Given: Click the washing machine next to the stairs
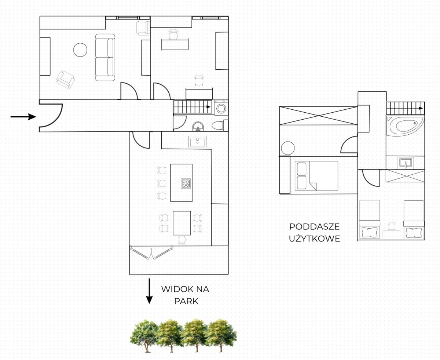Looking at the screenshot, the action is pos(221,108).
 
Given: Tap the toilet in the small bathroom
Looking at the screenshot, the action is pos(220,125).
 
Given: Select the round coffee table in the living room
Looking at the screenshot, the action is pos(80,50).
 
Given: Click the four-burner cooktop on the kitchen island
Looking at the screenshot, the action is pos(186,183).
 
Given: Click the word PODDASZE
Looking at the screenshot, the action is pos(314,226).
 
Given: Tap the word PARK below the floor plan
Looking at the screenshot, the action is pos(186,301).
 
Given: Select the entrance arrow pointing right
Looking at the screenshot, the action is pos(23,117).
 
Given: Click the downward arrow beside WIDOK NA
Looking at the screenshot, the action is pos(149,291).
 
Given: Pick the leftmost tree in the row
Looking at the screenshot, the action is pos(144,335).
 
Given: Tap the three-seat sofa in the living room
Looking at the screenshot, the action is pos(105,57).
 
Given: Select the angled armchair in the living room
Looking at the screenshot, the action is pos(65,80).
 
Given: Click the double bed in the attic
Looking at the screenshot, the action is pos(316,176).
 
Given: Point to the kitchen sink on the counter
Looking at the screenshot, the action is pos(197,142).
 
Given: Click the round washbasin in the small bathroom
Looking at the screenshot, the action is pos(198,126).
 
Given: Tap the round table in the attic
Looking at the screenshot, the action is pos(288,148).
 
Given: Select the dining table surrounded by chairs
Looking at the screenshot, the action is pos(182,223).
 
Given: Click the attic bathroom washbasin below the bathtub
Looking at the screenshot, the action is pos(406,163).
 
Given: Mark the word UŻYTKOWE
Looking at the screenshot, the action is pos(314,239).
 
